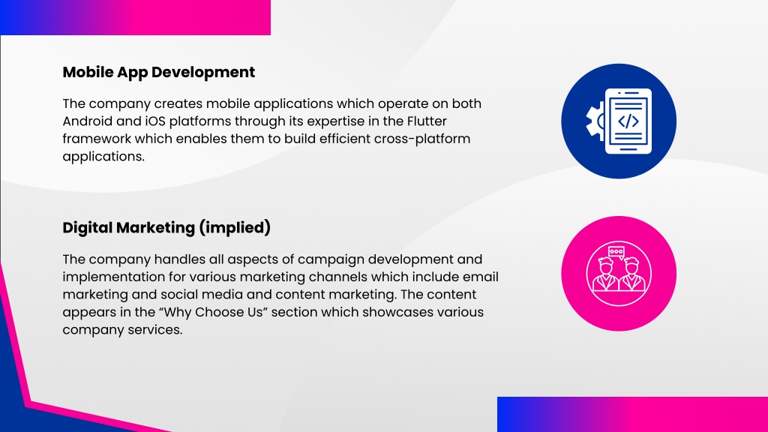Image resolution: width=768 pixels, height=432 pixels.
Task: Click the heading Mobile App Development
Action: (x=159, y=73)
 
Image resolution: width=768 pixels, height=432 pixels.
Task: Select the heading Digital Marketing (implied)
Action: (x=166, y=228)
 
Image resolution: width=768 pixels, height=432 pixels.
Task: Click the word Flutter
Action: (x=427, y=121)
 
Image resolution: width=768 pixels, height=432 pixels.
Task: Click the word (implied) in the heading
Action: (x=235, y=228)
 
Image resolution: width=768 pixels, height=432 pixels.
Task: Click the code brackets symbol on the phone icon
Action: (x=628, y=121)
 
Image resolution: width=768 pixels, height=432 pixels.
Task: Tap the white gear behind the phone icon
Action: (x=595, y=121)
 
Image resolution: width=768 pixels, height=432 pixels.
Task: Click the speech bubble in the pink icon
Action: (x=616, y=252)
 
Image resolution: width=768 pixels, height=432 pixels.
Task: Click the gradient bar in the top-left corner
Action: (x=135, y=18)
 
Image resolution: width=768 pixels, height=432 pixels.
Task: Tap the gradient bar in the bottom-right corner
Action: (x=632, y=414)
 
